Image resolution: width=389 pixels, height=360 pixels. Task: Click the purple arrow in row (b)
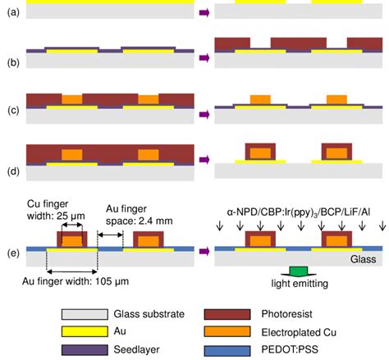[203, 51]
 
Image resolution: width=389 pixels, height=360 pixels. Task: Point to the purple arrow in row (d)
[203, 158]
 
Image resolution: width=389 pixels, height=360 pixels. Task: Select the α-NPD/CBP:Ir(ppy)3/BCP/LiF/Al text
[298, 212]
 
